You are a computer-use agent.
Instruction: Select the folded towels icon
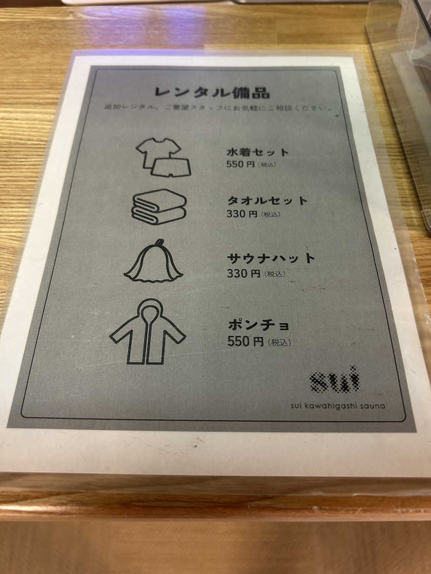159,207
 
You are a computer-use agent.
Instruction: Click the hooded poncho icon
148,332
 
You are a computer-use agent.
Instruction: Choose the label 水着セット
258,152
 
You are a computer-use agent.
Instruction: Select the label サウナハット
271,258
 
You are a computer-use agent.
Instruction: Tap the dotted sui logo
334,381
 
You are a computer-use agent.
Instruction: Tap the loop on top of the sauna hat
158,244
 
